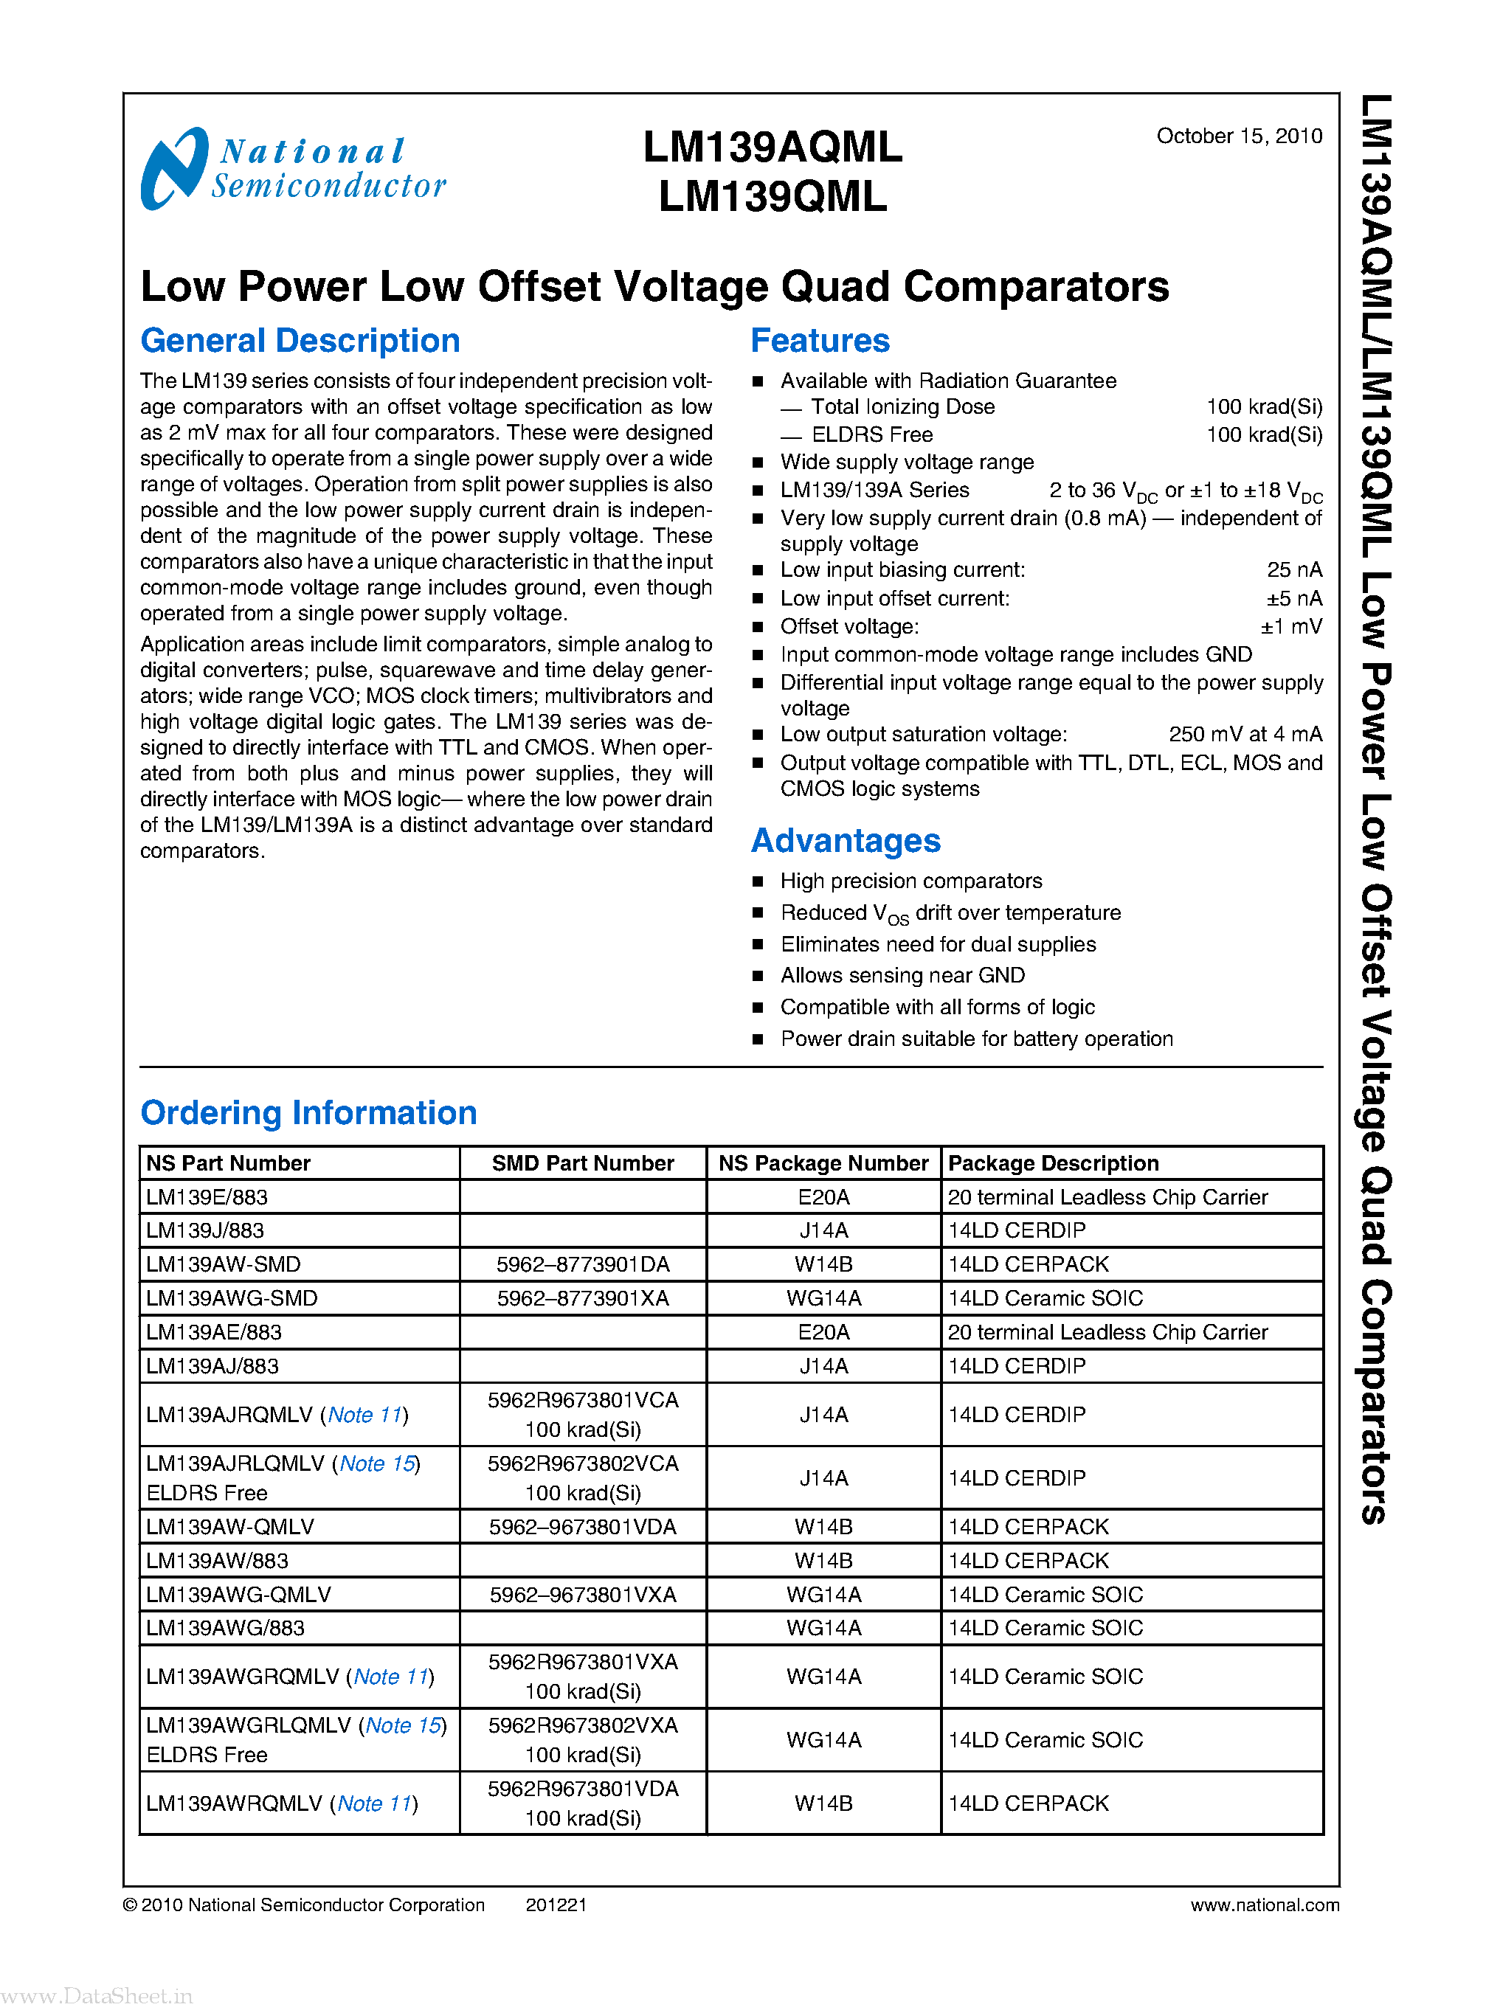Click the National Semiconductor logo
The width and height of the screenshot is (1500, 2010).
[x=292, y=169]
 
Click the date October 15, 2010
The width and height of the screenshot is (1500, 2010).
[x=1239, y=136]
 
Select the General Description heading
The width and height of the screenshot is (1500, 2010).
[x=300, y=341]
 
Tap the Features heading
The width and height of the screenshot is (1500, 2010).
[x=819, y=341]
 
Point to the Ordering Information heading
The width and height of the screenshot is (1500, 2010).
[x=308, y=1112]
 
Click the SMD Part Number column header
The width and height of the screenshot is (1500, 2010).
[x=582, y=1163]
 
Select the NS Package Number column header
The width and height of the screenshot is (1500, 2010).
[x=823, y=1163]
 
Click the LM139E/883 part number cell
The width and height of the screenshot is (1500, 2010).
[x=207, y=1196]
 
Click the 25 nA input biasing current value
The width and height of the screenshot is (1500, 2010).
[x=1294, y=569]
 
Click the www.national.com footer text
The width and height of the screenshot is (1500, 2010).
[x=1264, y=1905]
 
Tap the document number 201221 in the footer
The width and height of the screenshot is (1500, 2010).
[x=556, y=1905]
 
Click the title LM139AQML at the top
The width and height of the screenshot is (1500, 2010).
[x=772, y=147]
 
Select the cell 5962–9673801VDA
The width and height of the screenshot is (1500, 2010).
[x=582, y=1527]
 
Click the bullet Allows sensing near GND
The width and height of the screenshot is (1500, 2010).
[x=902, y=975]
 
